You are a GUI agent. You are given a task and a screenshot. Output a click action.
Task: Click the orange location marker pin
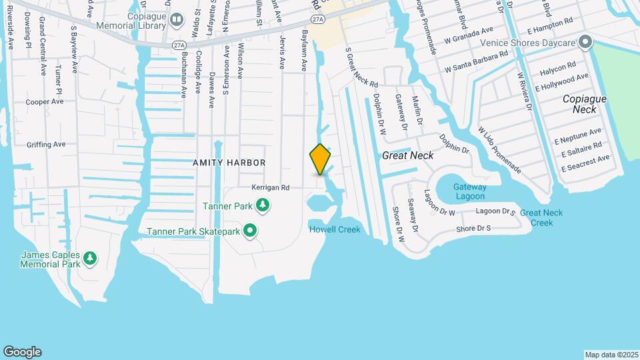(x=320, y=159)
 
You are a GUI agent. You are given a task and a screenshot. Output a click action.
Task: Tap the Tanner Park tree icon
(x=263, y=205)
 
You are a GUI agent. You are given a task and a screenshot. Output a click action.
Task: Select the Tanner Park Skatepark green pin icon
(x=251, y=231)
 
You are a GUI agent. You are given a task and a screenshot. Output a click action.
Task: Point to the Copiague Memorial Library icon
(x=176, y=20)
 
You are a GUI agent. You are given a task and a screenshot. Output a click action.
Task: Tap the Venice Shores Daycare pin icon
(x=585, y=43)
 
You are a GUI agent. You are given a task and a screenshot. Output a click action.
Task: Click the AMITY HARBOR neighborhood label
(x=229, y=163)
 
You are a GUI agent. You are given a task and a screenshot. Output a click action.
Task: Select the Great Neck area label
(x=407, y=155)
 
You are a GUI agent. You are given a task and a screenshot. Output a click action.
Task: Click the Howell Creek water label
(x=335, y=230)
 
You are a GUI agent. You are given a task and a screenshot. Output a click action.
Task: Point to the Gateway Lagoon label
(x=470, y=191)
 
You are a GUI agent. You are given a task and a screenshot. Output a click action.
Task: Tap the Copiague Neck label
(x=584, y=103)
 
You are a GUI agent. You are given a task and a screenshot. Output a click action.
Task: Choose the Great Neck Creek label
(x=541, y=217)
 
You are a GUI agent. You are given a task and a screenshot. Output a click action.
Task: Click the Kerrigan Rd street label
(x=271, y=188)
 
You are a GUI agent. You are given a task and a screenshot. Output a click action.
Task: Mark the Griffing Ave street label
(x=46, y=144)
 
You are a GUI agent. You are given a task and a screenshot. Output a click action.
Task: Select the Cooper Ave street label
(x=45, y=102)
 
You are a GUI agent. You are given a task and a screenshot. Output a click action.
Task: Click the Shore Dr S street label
(x=473, y=229)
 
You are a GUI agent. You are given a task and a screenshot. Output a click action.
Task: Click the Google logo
(x=22, y=352)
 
